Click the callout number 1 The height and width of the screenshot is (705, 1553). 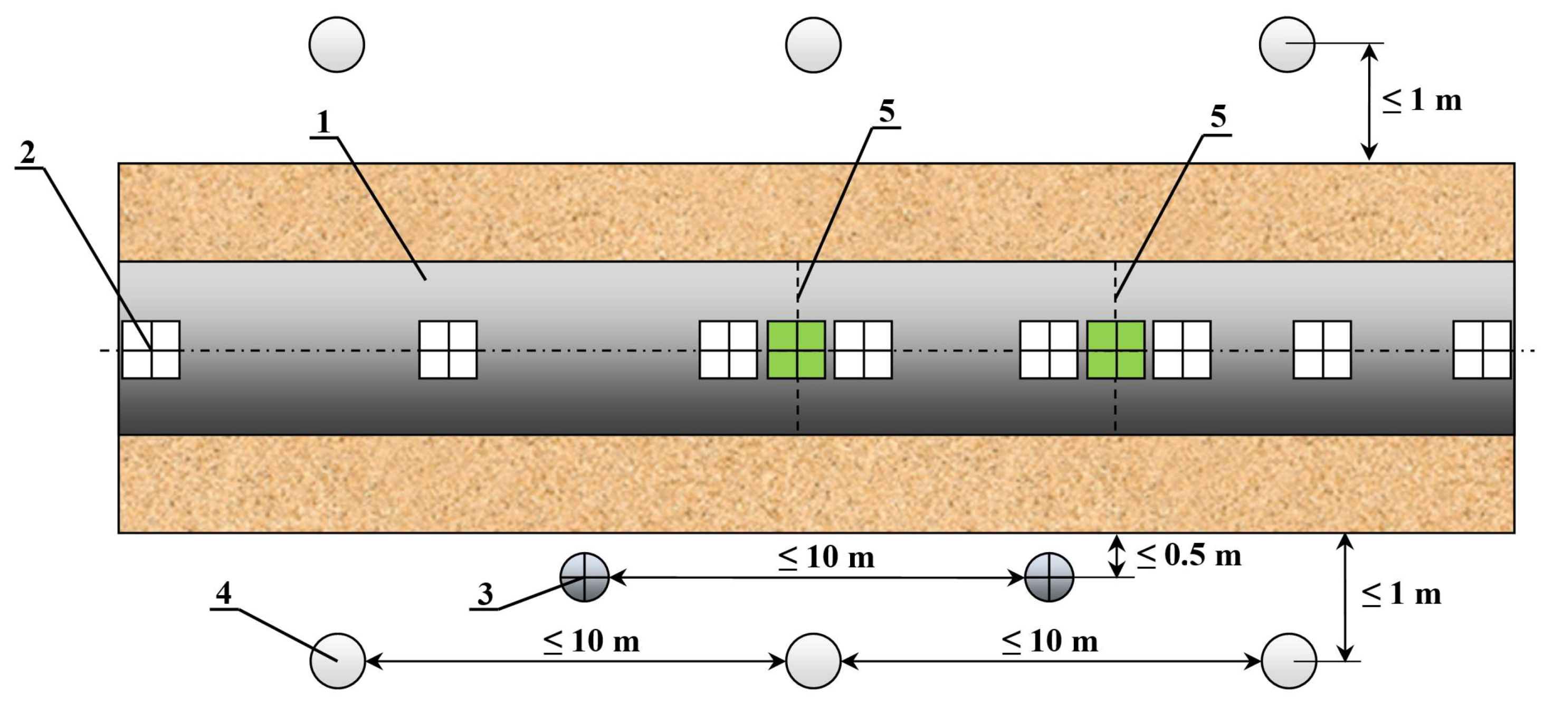[x=324, y=122]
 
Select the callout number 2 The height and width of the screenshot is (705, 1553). [x=28, y=153]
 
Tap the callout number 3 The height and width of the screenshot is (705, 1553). [x=485, y=594]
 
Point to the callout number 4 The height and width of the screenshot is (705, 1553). [x=224, y=594]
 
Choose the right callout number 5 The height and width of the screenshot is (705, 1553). [x=1218, y=117]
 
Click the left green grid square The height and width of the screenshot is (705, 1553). [x=796, y=350]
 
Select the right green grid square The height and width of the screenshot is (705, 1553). [x=1116, y=350]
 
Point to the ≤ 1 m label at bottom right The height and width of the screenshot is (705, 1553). [x=1401, y=595]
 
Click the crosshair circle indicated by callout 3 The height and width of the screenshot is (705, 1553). [x=584, y=577]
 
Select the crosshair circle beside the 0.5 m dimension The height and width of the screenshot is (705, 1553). [x=1049, y=577]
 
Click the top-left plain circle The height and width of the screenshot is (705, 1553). [x=336, y=45]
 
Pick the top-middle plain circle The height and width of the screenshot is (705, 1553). [x=813, y=45]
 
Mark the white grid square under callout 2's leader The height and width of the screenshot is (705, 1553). [x=151, y=350]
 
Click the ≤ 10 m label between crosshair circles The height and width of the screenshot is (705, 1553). [x=826, y=557]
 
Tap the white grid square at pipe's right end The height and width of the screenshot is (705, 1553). [x=1482, y=350]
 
